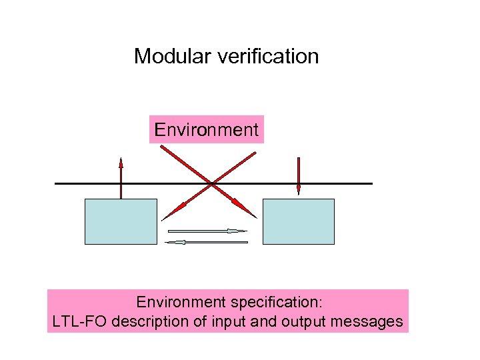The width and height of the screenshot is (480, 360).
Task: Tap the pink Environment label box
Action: [x=206, y=129]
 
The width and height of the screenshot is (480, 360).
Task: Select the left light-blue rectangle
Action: [x=121, y=221]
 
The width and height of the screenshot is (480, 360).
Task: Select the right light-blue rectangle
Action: [x=299, y=221]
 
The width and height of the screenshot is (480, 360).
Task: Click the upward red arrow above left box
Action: [x=121, y=177]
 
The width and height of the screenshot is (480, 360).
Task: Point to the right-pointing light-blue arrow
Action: [x=207, y=231]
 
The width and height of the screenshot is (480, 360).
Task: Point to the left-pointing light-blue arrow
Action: [x=206, y=242]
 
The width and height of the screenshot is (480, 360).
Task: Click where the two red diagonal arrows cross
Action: [x=211, y=183]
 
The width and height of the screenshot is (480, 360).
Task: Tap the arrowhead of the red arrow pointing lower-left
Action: [x=166, y=216]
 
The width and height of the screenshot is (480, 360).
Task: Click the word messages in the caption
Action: [x=369, y=322]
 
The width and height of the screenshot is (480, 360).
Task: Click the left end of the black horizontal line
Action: [x=57, y=183]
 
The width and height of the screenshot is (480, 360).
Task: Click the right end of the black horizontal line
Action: [x=371, y=183]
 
